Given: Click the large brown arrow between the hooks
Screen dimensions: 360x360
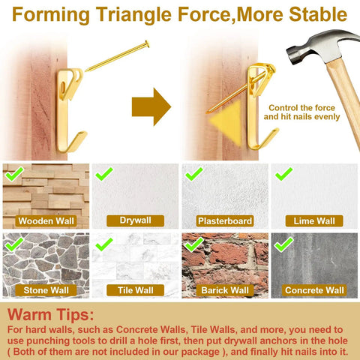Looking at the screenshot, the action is click(151, 106).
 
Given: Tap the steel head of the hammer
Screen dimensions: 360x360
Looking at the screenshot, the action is click(322, 46).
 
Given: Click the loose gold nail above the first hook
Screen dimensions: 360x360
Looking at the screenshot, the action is click(117, 56).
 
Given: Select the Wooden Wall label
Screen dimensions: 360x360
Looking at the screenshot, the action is click(46, 221).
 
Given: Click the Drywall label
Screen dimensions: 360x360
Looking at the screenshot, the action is click(135, 220).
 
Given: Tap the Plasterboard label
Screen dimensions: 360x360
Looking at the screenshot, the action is click(225, 221).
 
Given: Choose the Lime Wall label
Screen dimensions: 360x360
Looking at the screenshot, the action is click(314, 221).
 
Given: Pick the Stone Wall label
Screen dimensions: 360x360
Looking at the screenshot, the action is click(46, 290).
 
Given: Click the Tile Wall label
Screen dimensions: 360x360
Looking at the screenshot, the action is click(135, 290).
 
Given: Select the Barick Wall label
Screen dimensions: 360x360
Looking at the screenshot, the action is click(225, 290).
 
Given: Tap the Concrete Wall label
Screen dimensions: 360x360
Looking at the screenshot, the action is click(314, 290).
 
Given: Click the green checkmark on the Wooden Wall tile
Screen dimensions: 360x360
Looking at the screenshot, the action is click(14, 174).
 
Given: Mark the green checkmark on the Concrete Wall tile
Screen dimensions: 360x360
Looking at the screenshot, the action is click(283, 244).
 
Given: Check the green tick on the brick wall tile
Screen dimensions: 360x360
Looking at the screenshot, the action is click(194, 244).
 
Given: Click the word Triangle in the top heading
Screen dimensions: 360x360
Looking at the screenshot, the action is click(133, 15).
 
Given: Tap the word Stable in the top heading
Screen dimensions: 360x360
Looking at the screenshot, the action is click(318, 14).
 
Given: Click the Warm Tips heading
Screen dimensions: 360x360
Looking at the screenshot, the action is click(50, 314).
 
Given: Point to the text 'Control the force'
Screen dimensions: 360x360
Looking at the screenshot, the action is click(301, 108).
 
